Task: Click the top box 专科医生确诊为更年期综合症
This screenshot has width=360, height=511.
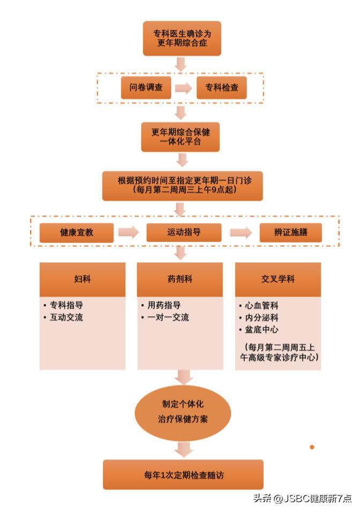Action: pyautogui.click(x=182, y=38)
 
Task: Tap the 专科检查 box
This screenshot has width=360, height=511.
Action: pyautogui.click(x=222, y=87)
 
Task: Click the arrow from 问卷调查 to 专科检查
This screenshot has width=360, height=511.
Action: pyautogui.click(x=183, y=88)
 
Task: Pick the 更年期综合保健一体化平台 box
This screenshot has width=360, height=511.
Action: pyautogui.click(x=181, y=137)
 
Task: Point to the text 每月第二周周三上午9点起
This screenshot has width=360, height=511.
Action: pyautogui.click(x=183, y=191)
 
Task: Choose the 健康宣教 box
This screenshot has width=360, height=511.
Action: pyautogui.click(x=77, y=233)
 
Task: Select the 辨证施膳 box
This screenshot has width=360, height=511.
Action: pyautogui.click(x=291, y=233)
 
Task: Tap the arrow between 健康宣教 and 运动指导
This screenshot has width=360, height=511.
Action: pyautogui.click(x=129, y=233)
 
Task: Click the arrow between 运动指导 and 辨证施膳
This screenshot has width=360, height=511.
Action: pyautogui.click(x=241, y=233)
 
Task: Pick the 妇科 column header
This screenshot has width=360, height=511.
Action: pyautogui.click(x=82, y=279)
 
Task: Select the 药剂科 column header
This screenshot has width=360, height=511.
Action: pyautogui.click(x=180, y=279)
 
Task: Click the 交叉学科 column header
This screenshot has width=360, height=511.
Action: pyautogui.click(x=278, y=279)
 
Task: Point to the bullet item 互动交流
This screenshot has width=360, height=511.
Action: pyautogui.click(x=66, y=317)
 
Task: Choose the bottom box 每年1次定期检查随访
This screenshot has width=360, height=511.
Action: pyautogui.click(x=183, y=475)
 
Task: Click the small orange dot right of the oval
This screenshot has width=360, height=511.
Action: pyautogui.click(x=312, y=447)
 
